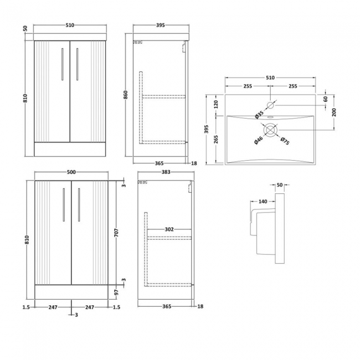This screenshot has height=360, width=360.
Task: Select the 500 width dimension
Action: tap(71, 172)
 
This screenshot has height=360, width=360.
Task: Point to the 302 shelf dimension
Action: tap(169, 229)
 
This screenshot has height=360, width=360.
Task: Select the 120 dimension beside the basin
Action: tap(217, 104)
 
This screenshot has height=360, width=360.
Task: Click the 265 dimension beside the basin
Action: tap(217, 139)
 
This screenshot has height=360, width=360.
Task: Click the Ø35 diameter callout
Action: tap(258, 115)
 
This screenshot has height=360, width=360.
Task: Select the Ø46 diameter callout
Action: tap(258, 141)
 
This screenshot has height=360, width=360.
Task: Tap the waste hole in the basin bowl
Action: tap(270, 130)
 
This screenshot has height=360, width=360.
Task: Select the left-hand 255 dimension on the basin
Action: tap(247, 86)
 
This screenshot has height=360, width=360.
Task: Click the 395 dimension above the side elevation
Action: tap(160, 25)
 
